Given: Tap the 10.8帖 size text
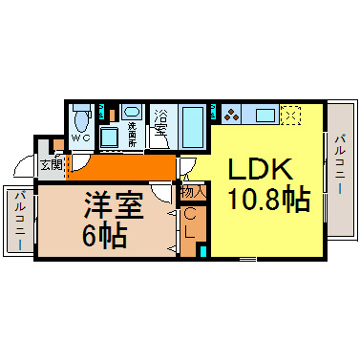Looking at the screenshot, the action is [x=259, y=200].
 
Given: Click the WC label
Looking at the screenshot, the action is [x=82, y=137].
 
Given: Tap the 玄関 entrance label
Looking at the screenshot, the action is [x=51, y=163].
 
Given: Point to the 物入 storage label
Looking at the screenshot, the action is [x=192, y=191].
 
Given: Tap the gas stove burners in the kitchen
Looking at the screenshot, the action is [x=233, y=116].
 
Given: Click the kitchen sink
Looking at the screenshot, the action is [x=260, y=116].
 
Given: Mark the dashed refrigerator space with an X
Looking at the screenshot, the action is [x=291, y=116].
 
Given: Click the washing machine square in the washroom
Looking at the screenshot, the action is [x=110, y=136].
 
